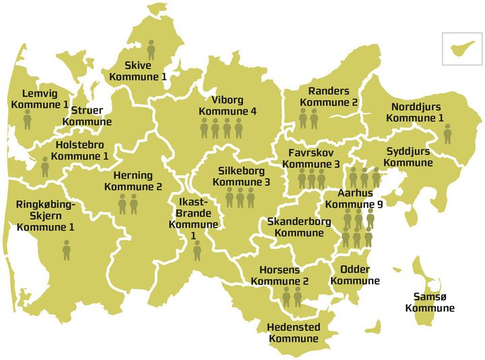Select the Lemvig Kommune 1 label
click(x=40, y=99)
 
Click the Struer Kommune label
click(x=87, y=116)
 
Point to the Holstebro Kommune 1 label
click(x=82, y=150)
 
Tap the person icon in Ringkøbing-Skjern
click(x=67, y=250)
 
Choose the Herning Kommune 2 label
click(x=133, y=181)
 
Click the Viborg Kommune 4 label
click(x=228, y=106)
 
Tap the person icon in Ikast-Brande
click(x=197, y=250)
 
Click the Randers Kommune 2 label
click(x=329, y=97)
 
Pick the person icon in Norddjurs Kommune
click(x=447, y=133)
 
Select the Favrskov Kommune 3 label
click(x=311, y=158)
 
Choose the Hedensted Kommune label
click(x=293, y=333)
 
